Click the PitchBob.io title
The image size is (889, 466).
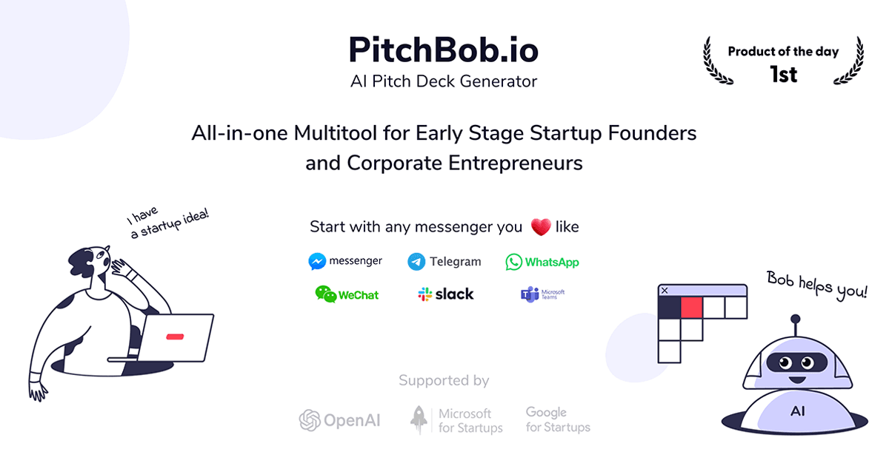coord(444,50)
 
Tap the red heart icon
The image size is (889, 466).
coord(540,227)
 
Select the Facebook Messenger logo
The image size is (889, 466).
coord(345,261)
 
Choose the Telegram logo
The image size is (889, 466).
coord(444,261)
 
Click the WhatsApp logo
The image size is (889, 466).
coord(542,262)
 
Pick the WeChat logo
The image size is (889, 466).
coord(346,294)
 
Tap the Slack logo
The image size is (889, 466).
coord(445,294)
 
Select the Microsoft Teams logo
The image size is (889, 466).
coord(543,294)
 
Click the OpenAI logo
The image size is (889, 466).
coord(339,420)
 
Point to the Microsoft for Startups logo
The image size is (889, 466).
coord(456,420)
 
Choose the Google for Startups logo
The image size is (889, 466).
coord(558,419)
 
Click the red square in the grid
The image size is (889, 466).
coord(691,307)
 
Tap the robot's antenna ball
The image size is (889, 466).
coord(796,320)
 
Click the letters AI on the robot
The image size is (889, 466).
coord(798,411)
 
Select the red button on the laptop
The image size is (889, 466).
coord(175,337)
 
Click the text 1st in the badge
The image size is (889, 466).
coord(783,74)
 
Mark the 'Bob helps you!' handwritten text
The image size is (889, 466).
coord(816,286)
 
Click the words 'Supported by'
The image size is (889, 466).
coord(444,381)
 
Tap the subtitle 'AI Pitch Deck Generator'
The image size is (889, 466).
coord(444,81)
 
